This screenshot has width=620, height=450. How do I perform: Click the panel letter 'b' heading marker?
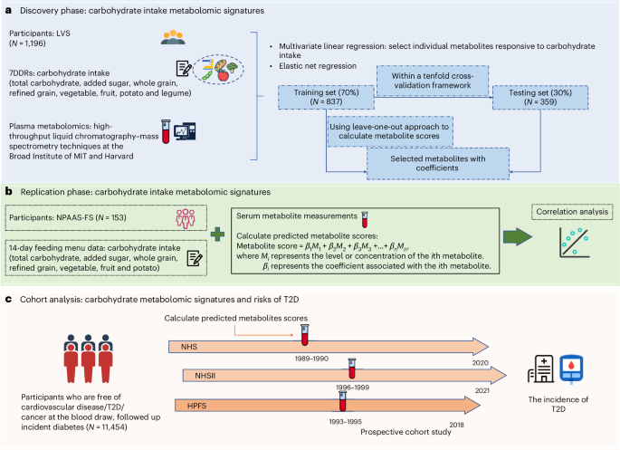pos(8,191)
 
